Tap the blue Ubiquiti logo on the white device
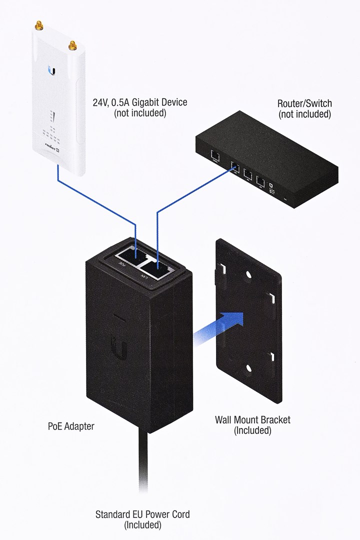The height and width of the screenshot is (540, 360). [52, 70]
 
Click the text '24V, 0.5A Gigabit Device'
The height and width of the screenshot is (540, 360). [140, 102]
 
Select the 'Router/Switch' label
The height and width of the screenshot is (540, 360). [304, 103]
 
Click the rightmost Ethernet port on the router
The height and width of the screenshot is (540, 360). [260, 181]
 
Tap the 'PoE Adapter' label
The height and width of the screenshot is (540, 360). [71, 426]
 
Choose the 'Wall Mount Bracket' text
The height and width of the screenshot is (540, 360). [252, 419]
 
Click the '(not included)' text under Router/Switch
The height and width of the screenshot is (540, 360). [304, 114]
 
